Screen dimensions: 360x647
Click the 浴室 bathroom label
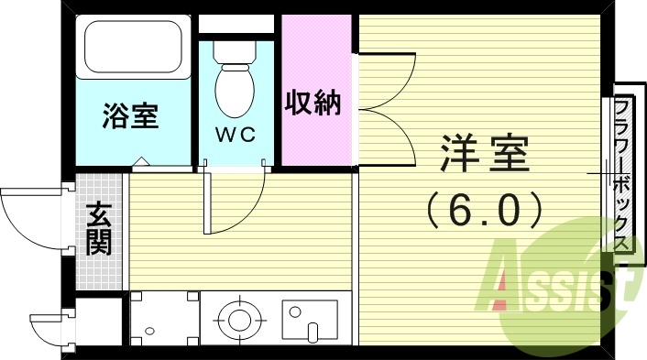tap(130, 116)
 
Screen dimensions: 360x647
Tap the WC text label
tap(235, 135)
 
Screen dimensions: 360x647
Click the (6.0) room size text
tap(486, 212)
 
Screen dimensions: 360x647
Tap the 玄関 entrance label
tap(98, 229)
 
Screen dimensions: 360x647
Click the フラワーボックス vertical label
tap(623, 174)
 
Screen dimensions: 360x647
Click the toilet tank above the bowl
tap(236, 49)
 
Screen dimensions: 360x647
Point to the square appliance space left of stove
tap(164, 319)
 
